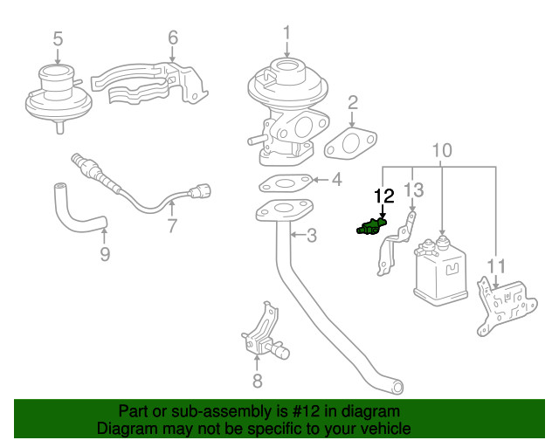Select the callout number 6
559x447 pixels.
pyautogui.click(x=173, y=38)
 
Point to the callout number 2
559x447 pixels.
pyautogui.click(x=353, y=103)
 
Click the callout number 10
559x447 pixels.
pyautogui.click(x=442, y=149)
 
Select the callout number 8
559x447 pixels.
pyautogui.click(x=257, y=380)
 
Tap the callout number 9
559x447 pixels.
pyautogui.click(x=105, y=254)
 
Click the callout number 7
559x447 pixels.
pyautogui.click(x=172, y=226)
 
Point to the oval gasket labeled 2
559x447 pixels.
pyautogui.click(x=352, y=143)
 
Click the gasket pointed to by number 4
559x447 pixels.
pyautogui.click(x=284, y=184)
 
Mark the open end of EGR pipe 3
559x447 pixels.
pyautogui.click(x=397, y=386)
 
